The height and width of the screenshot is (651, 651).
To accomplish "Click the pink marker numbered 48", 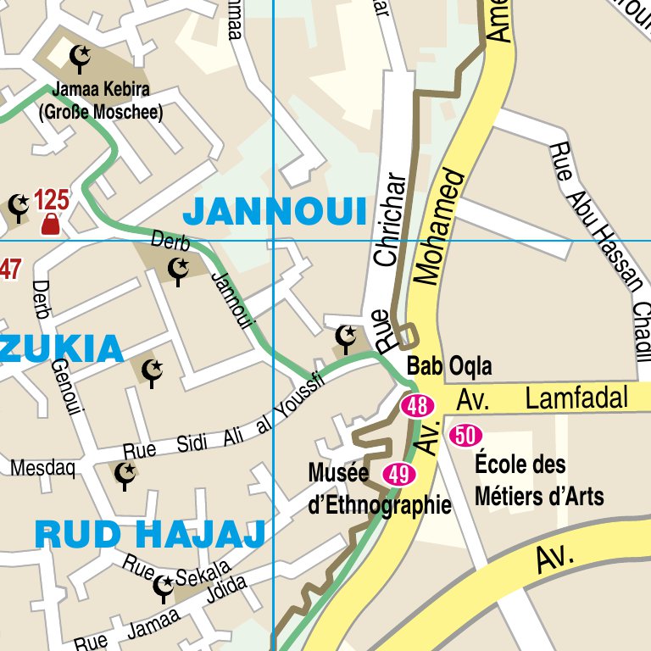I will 417,406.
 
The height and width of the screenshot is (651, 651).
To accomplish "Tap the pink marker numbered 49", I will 399,475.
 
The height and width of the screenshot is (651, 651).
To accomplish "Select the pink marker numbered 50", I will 465,436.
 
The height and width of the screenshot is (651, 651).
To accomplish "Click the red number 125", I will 51,201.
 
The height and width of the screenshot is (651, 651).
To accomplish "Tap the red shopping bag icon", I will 50,224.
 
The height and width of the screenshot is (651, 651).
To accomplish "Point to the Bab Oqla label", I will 449,367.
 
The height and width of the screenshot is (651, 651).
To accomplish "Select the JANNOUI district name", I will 275,210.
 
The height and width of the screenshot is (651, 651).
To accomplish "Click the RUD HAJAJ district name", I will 150,534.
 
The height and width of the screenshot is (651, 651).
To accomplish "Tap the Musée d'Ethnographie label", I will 379,489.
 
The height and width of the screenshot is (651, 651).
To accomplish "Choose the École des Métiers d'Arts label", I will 539,480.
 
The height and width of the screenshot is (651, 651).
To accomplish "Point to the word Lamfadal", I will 576,398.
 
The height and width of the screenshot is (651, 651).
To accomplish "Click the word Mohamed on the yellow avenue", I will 439,227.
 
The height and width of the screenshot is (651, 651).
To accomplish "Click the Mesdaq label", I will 42,468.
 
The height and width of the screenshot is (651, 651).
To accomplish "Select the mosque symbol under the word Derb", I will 178,270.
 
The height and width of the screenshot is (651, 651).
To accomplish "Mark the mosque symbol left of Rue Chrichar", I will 346,337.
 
